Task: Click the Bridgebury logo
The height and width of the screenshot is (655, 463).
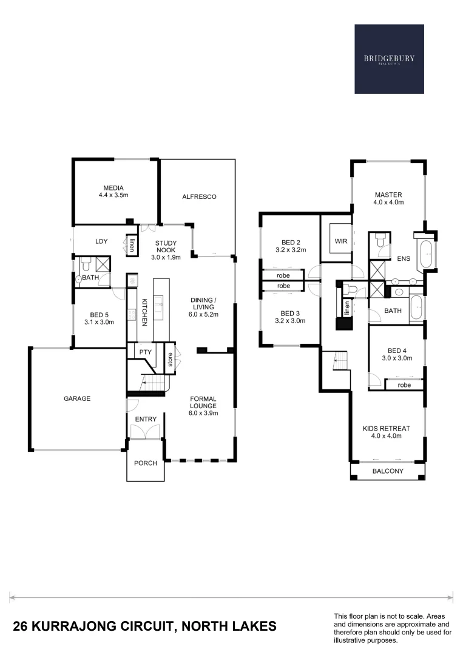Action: pos(389,59)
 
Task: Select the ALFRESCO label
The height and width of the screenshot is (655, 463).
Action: pos(199,196)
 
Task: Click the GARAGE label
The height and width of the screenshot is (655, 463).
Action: pos(77,398)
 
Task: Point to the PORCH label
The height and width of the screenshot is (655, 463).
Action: pos(146,463)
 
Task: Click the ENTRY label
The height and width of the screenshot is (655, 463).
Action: pos(146,419)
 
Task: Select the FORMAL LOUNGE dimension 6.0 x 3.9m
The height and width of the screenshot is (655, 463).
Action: pos(203,413)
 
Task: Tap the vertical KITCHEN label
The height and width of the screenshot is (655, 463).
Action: pos(144,312)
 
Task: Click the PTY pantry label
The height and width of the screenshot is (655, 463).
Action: pos(145,352)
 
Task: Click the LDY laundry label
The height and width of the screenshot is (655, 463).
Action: pos(101,241)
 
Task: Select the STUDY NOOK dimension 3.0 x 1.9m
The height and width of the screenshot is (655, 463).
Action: pos(166,257)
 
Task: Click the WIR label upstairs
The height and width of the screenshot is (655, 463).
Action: pos(340,241)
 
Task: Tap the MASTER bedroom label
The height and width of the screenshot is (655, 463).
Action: pos(388,195)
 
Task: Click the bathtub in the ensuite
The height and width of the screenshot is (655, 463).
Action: pos(427,253)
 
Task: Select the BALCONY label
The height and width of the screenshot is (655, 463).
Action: pos(388,471)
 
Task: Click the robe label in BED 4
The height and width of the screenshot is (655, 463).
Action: pos(404,385)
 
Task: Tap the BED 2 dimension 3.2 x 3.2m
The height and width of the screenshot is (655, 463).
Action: pos(289,249)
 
